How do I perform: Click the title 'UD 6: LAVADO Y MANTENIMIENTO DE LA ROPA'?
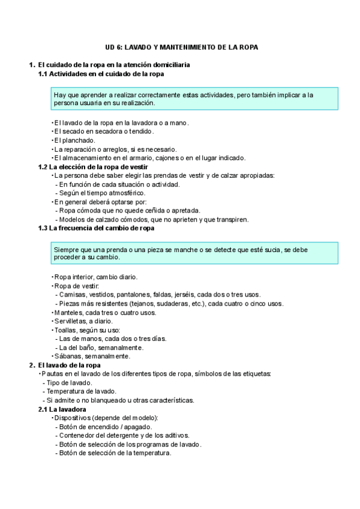(x=180, y=47)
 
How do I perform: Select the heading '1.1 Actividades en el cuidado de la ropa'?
(x=101, y=73)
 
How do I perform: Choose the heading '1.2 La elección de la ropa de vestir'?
(x=93, y=166)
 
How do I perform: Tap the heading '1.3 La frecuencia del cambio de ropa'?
(x=96, y=228)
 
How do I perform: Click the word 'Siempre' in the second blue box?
(x=66, y=249)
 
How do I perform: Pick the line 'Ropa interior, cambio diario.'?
(x=96, y=277)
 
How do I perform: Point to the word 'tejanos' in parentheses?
(x=145, y=304)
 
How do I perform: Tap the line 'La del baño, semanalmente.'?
(x=101, y=348)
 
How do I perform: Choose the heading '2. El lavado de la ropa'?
(x=69, y=365)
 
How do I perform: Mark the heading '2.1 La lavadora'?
(x=65, y=409)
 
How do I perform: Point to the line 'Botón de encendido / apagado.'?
(x=106, y=427)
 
